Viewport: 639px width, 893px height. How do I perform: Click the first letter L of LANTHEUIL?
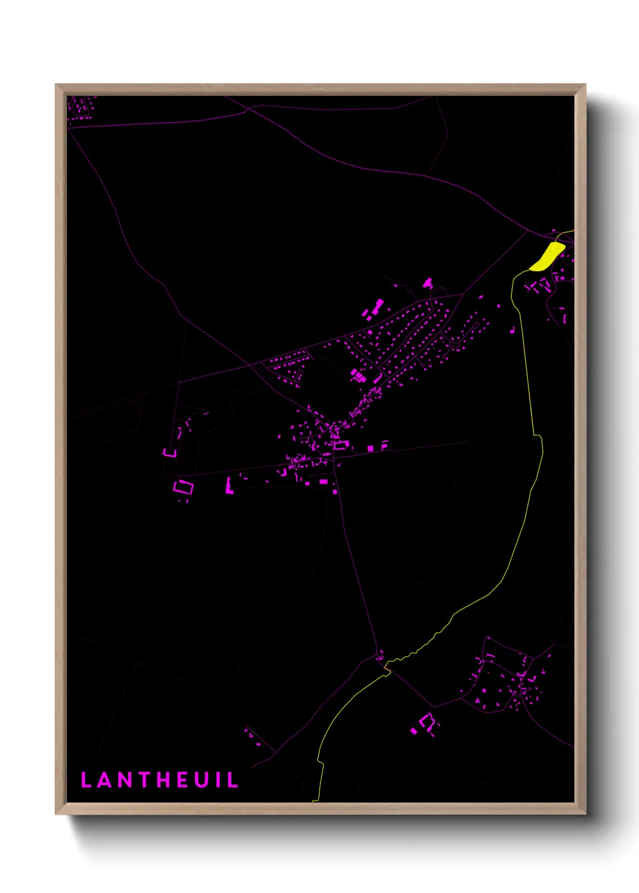pos(86,780)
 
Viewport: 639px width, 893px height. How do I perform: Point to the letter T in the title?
pos(143,780)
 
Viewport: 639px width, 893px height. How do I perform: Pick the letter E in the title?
pos(182,780)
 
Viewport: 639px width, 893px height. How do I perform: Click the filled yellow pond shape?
pos(547,256)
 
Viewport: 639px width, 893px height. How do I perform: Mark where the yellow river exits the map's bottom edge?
pos(314,801)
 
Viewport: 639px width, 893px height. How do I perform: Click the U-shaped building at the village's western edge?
pos(170,451)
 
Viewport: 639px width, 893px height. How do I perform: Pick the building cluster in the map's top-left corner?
pos(80,107)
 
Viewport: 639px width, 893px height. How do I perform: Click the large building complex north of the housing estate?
pos(373,308)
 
